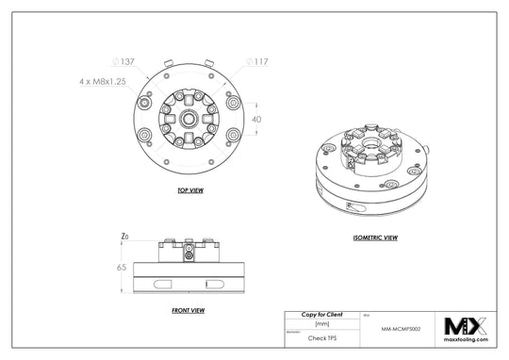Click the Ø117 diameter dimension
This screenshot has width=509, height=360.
(257, 61)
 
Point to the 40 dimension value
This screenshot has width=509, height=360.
(255, 119)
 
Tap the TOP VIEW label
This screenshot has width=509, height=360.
(191, 190)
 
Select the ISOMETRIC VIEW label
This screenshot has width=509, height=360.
(373, 238)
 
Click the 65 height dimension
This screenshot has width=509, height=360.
(122, 269)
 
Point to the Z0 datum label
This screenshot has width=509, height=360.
(124, 236)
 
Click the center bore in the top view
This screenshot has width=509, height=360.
(191, 120)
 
